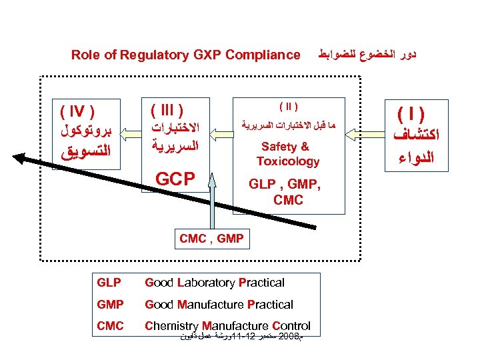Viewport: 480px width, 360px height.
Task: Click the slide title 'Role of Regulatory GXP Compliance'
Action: pyautogui.click(x=185, y=55)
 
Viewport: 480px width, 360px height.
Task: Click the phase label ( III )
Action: pyautogui.click(x=167, y=109)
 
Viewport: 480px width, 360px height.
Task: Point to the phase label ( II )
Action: pyautogui.click(x=288, y=105)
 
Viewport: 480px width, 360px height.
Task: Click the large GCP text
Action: pyautogui.click(x=175, y=179)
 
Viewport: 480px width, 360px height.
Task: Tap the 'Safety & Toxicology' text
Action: pyautogui.click(x=288, y=154)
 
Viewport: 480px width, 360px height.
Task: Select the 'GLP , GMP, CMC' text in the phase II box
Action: pyautogui.click(x=288, y=192)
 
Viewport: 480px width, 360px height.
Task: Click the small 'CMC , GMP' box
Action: pyautogui.click(x=211, y=238)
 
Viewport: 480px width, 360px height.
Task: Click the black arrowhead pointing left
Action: pyautogui.click(x=23, y=158)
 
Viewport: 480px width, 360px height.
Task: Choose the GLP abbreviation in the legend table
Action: pyautogui.click(x=109, y=283)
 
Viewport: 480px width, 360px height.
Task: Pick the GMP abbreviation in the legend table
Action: pyautogui.click(x=109, y=305)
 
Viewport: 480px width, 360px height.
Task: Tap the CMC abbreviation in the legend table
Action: pyautogui.click(x=109, y=326)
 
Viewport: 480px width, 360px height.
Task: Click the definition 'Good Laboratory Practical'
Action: pyautogui.click(x=214, y=283)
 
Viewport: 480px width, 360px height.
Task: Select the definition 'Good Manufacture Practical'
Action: pyautogui.click(x=219, y=305)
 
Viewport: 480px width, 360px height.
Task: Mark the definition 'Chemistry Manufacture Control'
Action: pyautogui.click(x=227, y=326)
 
